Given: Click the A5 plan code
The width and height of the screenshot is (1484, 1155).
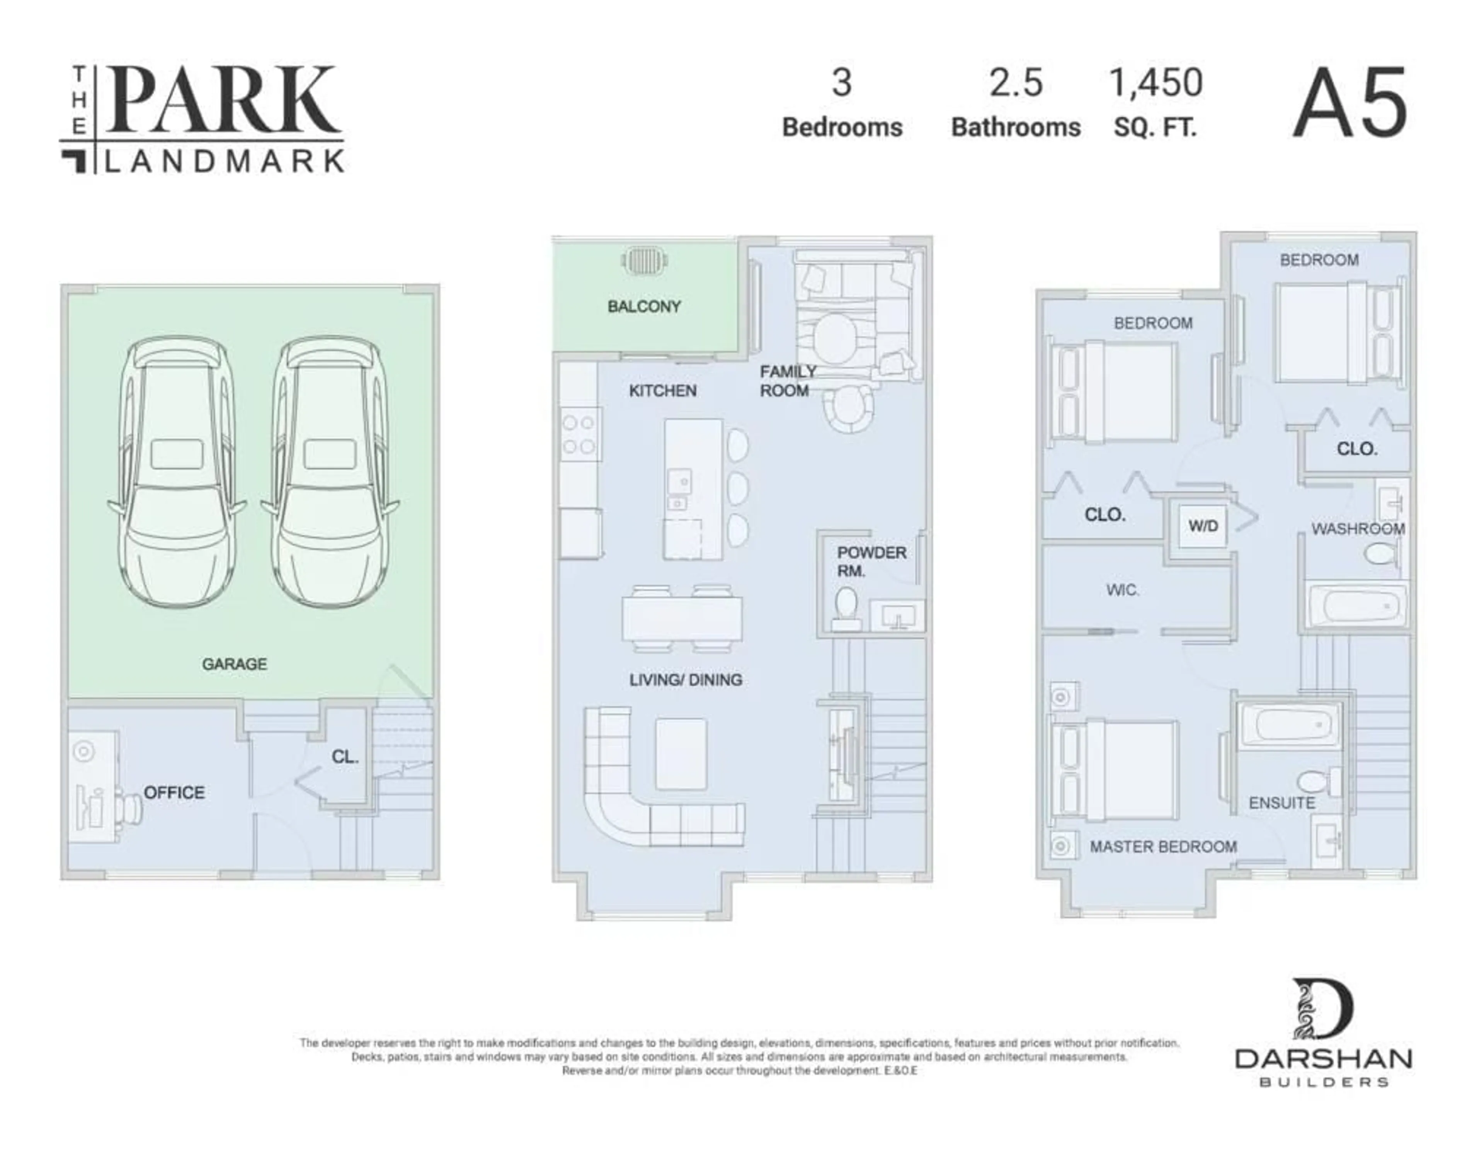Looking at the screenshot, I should (1350, 103).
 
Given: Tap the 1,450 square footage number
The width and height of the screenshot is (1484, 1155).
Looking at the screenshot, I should (1155, 83).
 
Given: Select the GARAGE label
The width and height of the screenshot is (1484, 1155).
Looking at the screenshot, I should (235, 664).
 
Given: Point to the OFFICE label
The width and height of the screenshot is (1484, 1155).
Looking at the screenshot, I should (174, 792).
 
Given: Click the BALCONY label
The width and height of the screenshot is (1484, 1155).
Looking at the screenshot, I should (643, 306).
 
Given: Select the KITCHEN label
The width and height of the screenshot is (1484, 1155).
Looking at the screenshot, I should (662, 391).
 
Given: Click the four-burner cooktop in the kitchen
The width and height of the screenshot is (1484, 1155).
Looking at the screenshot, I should (578, 435).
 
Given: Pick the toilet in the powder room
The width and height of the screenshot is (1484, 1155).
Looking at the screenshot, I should (846, 607).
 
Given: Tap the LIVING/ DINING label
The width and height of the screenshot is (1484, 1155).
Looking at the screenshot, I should (685, 679).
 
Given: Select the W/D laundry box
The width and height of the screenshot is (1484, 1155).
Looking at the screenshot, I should (1203, 526).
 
